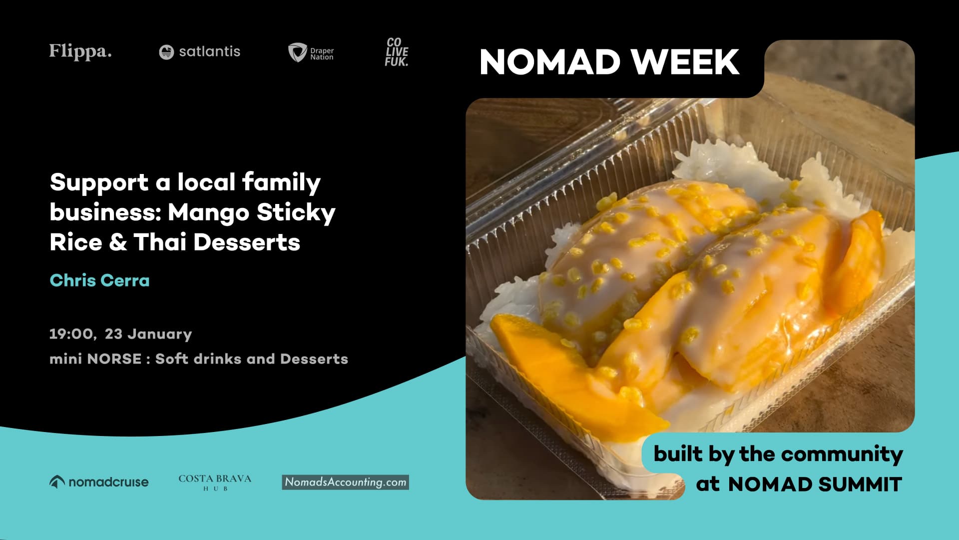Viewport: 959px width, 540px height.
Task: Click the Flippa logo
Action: click(80, 51)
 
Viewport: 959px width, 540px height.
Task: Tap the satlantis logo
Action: click(199, 51)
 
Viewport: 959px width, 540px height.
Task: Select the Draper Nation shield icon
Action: click(297, 52)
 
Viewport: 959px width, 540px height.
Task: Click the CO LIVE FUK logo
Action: click(397, 52)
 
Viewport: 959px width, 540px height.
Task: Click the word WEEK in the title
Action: click(685, 62)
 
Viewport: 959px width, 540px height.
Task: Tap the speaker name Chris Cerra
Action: click(99, 280)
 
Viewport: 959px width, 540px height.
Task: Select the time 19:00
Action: click(72, 334)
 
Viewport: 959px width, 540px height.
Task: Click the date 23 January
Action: click(148, 334)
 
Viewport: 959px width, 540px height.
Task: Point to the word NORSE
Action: click(114, 359)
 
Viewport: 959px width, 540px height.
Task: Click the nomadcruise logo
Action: click(99, 482)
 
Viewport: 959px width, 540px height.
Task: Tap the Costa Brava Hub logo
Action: click(215, 482)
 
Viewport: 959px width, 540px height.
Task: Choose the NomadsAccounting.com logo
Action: click(345, 482)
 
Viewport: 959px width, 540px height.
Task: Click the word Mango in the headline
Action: click(208, 212)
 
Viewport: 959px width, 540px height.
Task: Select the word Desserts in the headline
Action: click(247, 242)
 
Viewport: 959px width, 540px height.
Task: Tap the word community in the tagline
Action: click(842, 454)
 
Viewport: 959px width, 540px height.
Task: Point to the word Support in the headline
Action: click(99, 183)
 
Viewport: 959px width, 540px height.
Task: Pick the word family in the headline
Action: click(281, 183)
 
